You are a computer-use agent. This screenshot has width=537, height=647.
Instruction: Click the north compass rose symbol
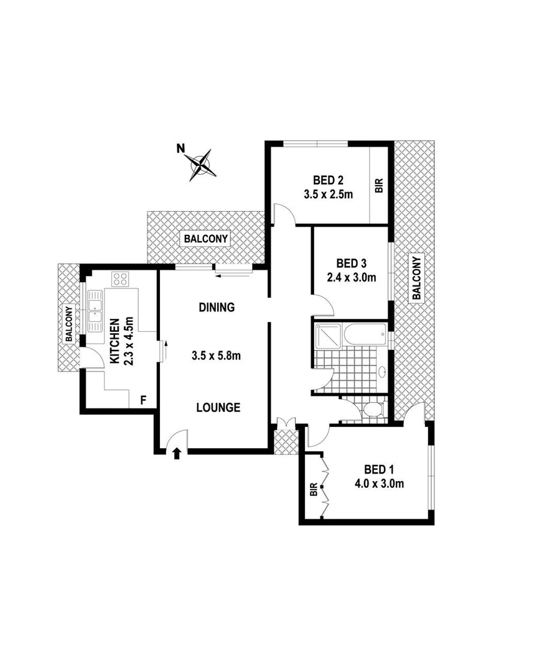tap(201, 164)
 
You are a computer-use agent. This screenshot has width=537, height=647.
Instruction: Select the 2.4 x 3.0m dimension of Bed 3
tap(352, 278)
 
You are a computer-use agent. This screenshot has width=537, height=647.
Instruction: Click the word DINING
tap(217, 307)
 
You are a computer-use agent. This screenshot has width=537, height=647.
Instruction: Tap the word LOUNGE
tap(218, 408)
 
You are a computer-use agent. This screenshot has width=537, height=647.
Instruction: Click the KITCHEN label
tap(115, 342)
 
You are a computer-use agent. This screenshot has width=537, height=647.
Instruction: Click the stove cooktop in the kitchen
tap(119, 278)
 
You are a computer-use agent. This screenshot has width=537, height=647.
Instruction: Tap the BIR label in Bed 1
tap(314, 490)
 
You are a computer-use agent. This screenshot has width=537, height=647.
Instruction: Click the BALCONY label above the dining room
tap(207, 238)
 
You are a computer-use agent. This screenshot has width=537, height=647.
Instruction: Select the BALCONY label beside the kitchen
tap(68, 323)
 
